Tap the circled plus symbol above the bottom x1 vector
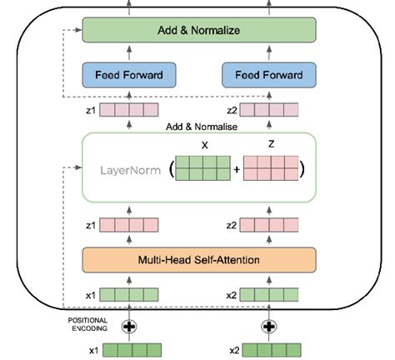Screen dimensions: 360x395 point(129,325)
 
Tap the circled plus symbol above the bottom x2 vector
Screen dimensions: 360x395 point(269,325)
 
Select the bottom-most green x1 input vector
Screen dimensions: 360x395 point(129,349)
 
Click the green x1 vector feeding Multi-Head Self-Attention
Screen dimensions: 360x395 point(129,295)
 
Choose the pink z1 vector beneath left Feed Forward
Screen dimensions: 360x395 point(129,108)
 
